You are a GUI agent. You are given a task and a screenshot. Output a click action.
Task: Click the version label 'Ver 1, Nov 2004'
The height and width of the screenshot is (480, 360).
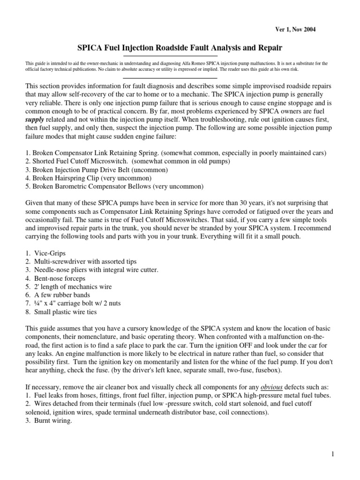295,30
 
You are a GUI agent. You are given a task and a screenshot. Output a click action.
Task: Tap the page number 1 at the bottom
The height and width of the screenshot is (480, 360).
330,453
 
